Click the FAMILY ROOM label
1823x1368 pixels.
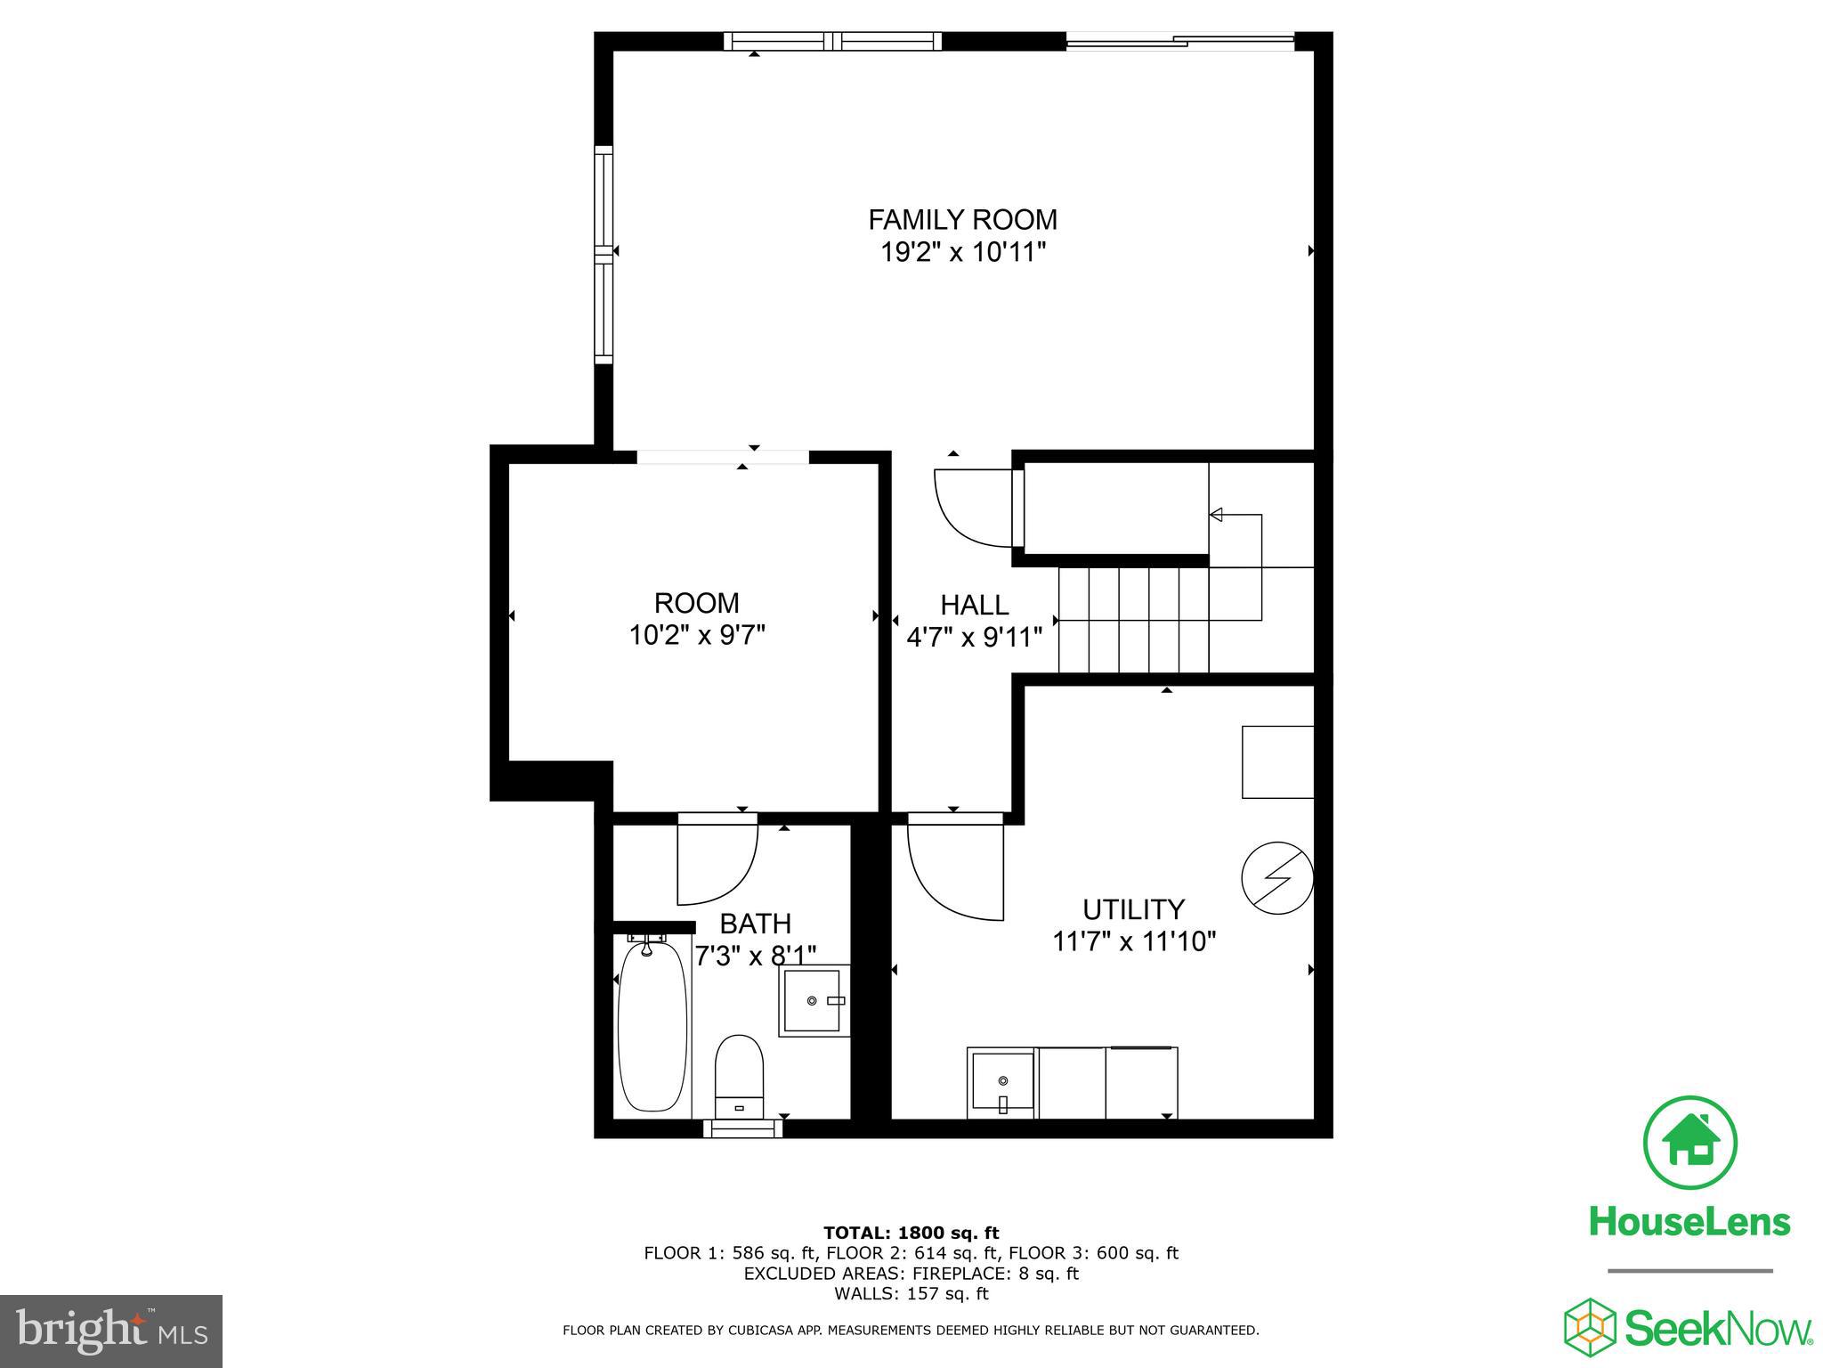[962, 219]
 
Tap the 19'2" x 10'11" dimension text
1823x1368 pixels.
[962, 253]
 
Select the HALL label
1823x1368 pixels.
[975, 605]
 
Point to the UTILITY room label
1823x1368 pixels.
[1133, 909]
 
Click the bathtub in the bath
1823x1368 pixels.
[653, 1026]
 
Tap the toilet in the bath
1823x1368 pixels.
[740, 1075]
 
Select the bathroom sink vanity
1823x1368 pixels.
[814, 1000]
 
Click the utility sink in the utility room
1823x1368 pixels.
[1002, 1082]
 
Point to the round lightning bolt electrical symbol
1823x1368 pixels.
[1277, 878]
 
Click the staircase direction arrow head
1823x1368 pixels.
[1216, 515]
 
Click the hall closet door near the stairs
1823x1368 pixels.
[973, 508]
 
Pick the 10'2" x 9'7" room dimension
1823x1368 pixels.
[697, 636]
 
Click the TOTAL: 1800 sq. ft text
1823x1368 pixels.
[911, 1234]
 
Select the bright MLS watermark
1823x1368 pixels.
[111, 1331]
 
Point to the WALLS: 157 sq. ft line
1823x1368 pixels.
[911, 1293]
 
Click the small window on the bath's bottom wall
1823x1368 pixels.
[743, 1128]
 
